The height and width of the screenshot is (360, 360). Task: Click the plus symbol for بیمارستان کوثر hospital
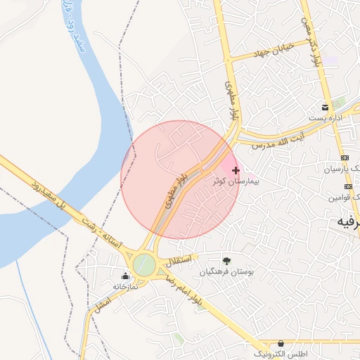point(236,170)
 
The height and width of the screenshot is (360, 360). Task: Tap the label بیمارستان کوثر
point(236,181)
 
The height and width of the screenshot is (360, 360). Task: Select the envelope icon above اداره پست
point(325,108)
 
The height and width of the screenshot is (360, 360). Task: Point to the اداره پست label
point(329,117)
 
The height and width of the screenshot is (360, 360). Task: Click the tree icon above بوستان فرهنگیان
point(226,261)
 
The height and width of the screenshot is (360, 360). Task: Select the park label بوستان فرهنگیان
point(226,271)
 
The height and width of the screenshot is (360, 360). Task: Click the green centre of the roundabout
point(145,265)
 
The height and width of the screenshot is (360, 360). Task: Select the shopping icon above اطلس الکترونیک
point(281,342)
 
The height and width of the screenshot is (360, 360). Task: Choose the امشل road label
point(103,304)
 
